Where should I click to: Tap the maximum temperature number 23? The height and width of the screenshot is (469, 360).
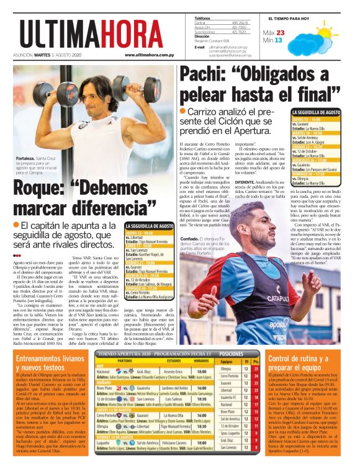pos(281,33)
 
